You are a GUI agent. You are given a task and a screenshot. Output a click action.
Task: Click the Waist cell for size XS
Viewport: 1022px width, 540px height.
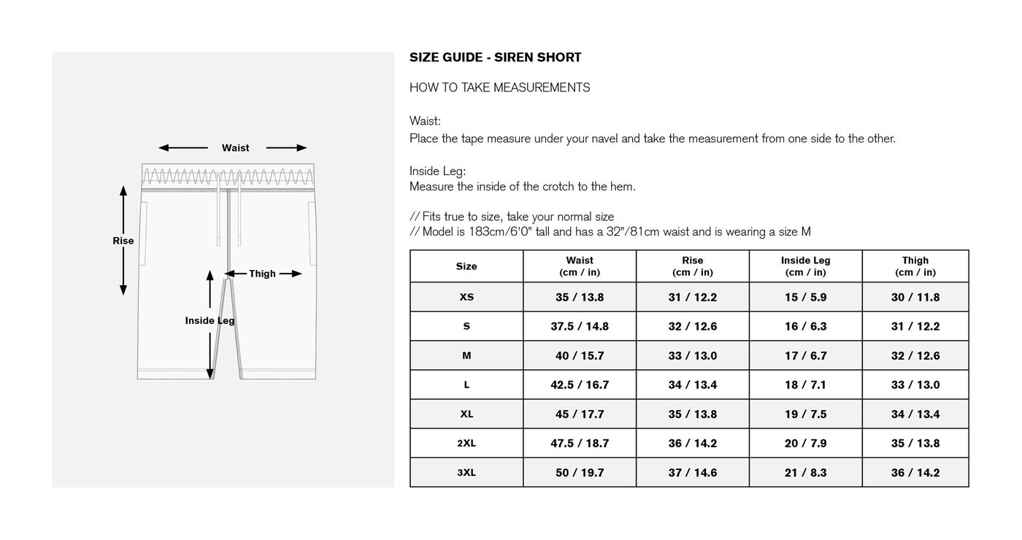(x=580, y=297)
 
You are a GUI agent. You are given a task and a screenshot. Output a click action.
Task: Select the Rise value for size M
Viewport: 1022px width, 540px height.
(x=692, y=355)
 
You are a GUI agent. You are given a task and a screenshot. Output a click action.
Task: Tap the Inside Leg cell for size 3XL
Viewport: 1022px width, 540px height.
(x=805, y=472)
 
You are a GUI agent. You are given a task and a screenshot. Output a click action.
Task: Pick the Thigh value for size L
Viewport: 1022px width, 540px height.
(x=915, y=385)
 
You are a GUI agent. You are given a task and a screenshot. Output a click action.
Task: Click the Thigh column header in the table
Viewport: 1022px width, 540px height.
(x=915, y=266)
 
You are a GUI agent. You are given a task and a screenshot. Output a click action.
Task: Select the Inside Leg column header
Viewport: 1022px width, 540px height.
(x=805, y=266)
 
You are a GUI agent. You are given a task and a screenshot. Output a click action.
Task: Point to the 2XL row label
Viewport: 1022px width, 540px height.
(x=466, y=443)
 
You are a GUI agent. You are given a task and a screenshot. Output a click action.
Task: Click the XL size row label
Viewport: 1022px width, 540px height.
(x=466, y=414)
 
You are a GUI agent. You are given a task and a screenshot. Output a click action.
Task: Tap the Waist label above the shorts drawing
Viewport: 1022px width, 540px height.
(x=235, y=148)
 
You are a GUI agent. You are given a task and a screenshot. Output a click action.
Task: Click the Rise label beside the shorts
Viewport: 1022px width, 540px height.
(x=123, y=241)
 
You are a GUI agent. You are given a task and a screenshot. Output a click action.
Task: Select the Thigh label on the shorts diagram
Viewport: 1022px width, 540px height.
(x=262, y=274)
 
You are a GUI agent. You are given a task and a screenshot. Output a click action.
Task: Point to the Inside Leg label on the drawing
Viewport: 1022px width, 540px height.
(x=210, y=320)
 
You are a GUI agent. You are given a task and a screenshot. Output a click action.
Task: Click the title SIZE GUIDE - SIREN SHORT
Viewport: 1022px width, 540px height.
(x=495, y=58)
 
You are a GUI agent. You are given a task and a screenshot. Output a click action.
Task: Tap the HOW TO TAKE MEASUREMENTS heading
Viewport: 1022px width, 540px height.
(x=499, y=88)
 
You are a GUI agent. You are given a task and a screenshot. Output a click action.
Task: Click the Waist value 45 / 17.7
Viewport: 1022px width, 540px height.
(x=580, y=414)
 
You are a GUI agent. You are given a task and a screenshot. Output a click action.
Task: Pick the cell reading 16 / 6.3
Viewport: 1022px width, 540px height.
(x=805, y=326)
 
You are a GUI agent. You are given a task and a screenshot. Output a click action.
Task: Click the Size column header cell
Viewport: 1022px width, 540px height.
(x=466, y=266)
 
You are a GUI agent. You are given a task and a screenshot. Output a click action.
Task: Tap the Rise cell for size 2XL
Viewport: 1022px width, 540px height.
(x=692, y=443)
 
